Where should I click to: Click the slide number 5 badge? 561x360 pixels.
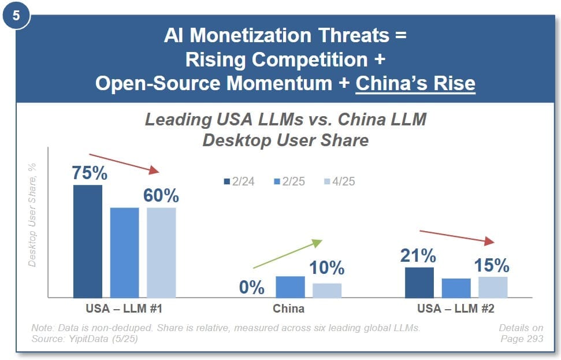(16, 16)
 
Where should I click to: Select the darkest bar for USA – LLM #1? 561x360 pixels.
(88, 241)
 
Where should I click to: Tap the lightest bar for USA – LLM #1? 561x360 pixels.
(161, 253)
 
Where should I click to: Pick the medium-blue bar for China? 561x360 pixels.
(290, 287)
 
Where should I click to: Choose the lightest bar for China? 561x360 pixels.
(327, 290)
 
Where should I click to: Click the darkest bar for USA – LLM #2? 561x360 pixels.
(419, 282)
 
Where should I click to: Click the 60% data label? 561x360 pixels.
(161, 195)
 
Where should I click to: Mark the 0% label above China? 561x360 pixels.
(252, 287)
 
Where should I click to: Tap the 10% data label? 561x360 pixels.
(327, 268)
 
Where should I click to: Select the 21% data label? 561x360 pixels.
(419, 255)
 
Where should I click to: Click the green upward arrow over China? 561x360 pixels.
(287, 254)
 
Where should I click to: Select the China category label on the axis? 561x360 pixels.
(289, 308)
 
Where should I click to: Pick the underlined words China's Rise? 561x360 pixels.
(415, 84)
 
